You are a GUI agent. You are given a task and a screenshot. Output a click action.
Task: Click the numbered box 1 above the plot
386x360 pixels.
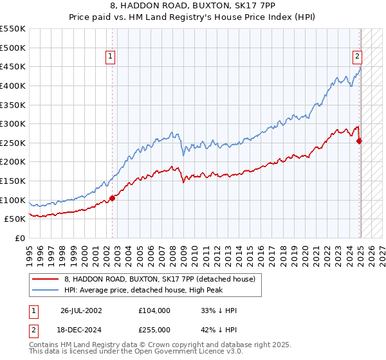[111, 57]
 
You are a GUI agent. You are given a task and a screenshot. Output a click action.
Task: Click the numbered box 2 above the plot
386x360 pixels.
[356, 56]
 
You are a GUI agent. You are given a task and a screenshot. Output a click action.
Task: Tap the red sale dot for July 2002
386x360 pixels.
[112, 198]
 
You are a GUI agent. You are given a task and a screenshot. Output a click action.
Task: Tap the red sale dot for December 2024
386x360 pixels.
[360, 141]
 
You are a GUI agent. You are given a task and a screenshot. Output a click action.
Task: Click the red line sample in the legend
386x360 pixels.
[46, 278]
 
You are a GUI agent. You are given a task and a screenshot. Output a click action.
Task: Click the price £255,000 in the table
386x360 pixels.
[154, 329]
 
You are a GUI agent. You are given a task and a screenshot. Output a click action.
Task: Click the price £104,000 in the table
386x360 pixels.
[154, 310]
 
